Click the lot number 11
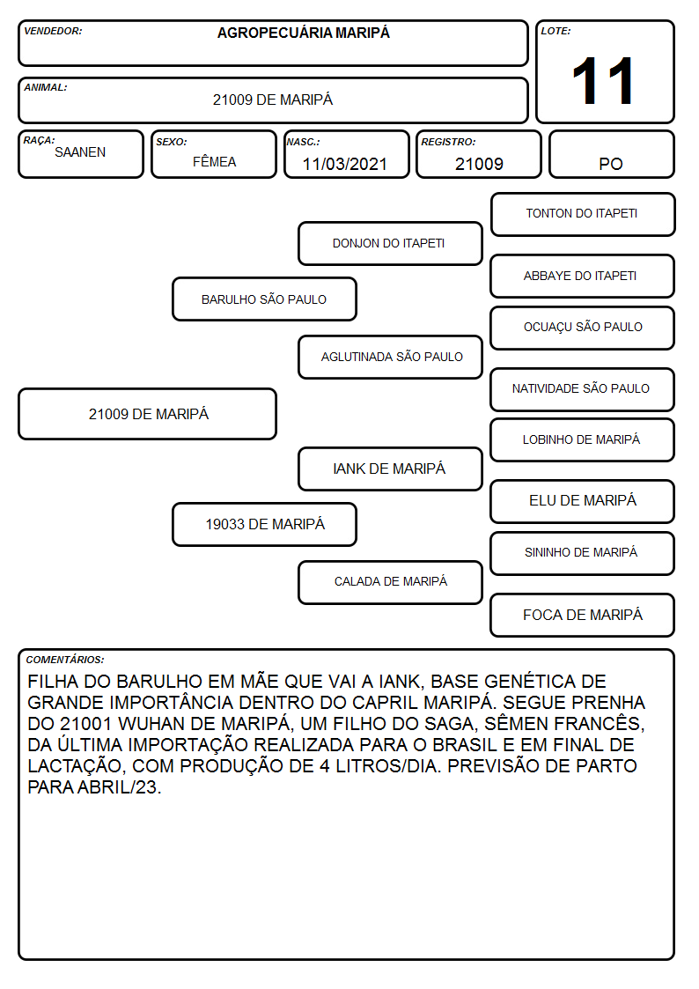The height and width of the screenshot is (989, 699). pyautogui.click(x=602, y=81)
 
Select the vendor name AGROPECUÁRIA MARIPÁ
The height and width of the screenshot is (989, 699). pyautogui.click(x=303, y=33)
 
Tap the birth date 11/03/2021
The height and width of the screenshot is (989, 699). pyautogui.click(x=345, y=164)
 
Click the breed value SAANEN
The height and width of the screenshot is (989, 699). pyautogui.click(x=80, y=152)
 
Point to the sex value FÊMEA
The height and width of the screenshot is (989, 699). pyautogui.click(x=214, y=161)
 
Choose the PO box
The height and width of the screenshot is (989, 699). pyautogui.click(x=612, y=154)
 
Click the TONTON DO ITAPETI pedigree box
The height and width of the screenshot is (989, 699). pyautogui.click(x=583, y=215)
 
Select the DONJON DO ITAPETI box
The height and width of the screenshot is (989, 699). pyautogui.click(x=390, y=243)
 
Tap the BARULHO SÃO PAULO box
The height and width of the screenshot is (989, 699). pyautogui.click(x=265, y=299)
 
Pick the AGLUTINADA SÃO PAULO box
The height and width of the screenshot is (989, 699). pyautogui.click(x=390, y=357)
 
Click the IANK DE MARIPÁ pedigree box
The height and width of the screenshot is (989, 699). pyautogui.click(x=390, y=469)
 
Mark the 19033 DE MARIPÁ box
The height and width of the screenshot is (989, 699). pyautogui.click(x=265, y=524)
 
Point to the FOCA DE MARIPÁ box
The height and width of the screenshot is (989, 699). pyautogui.click(x=583, y=615)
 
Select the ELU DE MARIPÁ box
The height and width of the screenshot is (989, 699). pyautogui.click(x=583, y=501)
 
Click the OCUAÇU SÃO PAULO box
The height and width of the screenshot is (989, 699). pyautogui.click(x=583, y=328)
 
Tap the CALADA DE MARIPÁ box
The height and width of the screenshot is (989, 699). pyautogui.click(x=390, y=582)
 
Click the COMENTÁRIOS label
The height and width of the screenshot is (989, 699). pyautogui.click(x=65, y=660)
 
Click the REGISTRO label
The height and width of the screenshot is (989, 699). pyautogui.click(x=448, y=142)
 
